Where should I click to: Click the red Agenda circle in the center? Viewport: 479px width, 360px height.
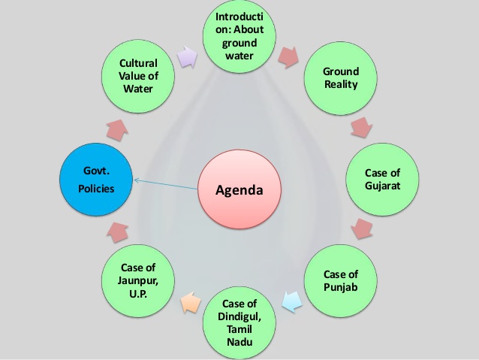[x=239, y=189]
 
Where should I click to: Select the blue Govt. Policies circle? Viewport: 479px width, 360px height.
[x=96, y=180]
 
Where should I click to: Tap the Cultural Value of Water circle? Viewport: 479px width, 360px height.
[x=138, y=76]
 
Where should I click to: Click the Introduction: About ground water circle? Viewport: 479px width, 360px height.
[x=239, y=37]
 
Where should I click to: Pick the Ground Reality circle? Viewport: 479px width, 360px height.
[x=341, y=78]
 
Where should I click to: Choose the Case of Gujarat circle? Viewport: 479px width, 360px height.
[x=382, y=180]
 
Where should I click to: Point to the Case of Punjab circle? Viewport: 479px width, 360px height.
[x=341, y=281]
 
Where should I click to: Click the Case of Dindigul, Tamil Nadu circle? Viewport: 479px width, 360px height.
[x=239, y=322]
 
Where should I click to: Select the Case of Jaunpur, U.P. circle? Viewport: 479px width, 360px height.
[x=138, y=281]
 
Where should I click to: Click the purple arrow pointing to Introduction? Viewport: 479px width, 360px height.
[x=188, y=57]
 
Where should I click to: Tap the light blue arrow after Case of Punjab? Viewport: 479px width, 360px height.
[x=292, y=301]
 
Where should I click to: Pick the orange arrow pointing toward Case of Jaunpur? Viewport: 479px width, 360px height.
[x=191, y=302]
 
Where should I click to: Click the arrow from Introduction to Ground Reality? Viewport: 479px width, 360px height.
[x=288, y=57]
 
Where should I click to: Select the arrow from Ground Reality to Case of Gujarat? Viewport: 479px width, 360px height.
[x=361, y=128]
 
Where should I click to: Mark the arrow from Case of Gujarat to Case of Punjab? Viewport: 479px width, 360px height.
[x=362, y=228]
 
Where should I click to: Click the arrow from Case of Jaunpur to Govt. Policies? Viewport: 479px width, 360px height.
[x=118, y=232]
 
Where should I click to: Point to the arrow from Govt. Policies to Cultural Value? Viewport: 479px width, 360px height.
[x=118, y=130]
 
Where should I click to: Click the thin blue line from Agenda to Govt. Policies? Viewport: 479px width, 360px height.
[x=166, y=184]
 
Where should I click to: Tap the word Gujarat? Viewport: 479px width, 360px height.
[x=382, y=186]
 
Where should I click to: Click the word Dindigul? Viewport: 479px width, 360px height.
[x=239, y=316]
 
